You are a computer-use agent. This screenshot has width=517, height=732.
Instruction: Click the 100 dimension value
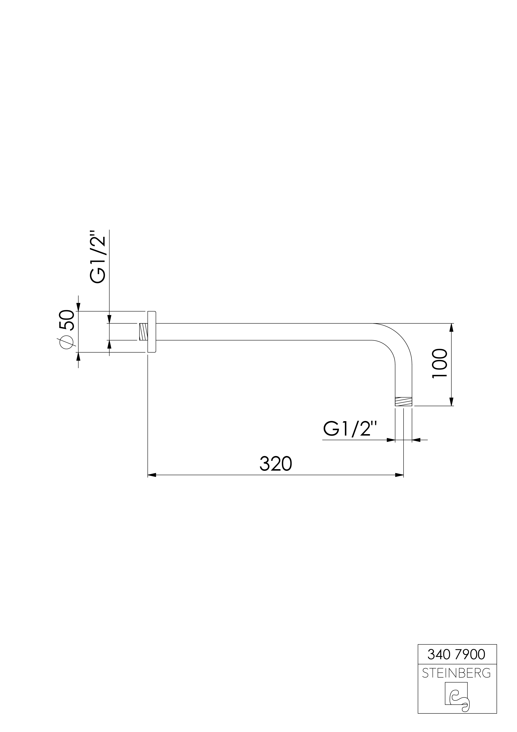[x=440, y=363]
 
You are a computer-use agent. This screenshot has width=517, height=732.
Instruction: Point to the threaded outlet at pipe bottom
[x=403, y=402]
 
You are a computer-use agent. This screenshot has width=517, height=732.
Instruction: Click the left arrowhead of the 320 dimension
[x=152, y=484]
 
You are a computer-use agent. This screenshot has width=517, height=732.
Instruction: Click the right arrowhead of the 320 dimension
[x=399, y=484]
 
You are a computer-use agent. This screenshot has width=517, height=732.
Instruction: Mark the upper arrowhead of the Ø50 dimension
[x=78, y=307]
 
